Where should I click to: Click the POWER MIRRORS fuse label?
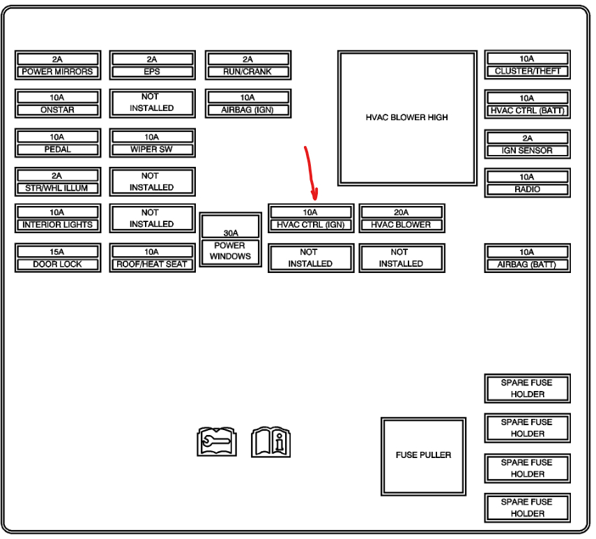pyautogui.click(x=57, y=72)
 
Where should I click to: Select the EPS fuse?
pyautogui.click(x=152, y=66)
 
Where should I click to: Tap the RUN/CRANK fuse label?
pyautogui.click(x=248, y=72)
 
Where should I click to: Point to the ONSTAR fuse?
pyautogui.click(x=57, y=104)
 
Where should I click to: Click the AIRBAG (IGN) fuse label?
pyautogui.click(x=248, y=110)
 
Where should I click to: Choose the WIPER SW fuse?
pyautogui.click(x=152, y=143)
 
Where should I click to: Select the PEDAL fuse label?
pyautogui.click(x=57, y=149)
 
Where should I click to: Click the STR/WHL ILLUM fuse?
pyautogui.click(x=57, y=182)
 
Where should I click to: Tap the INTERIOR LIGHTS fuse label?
pyautogui.click(x=57, y=225)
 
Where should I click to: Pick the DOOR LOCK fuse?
pyautogui.click(x=57, y=258)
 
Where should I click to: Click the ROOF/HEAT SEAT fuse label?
pyautogui.click(x=152, y=265)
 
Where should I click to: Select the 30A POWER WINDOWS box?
pyautogui.click(x=230, y=241)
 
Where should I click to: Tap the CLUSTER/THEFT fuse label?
pyautogui.click(x=528, y=71)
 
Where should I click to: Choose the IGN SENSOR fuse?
pyautogui.click(x=528, y=145)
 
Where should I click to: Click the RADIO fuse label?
pyautogui.click(x=528, y=189)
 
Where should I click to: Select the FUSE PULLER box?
pyautogui.click(x=423, y=455)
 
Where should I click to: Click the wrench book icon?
pyautogui.click(x=217, y=441)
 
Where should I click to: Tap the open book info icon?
pyautogui.click(x=270, y=441)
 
